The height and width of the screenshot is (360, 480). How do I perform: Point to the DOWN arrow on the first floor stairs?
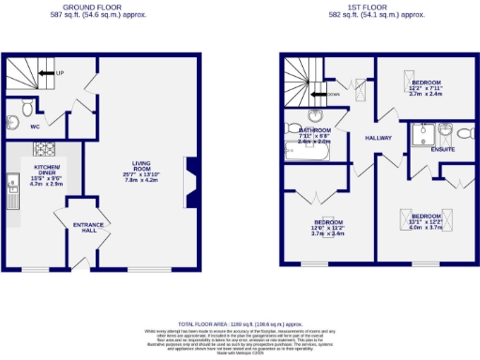coord(329,95)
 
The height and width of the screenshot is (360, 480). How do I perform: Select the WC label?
coord(34,124)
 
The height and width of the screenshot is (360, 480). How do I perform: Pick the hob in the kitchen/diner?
coord(45,147)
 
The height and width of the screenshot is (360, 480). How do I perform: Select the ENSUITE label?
coord(442,149)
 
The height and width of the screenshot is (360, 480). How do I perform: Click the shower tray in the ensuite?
coord(419,136)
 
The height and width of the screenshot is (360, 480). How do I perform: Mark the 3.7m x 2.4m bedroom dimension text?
coord(426,95)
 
